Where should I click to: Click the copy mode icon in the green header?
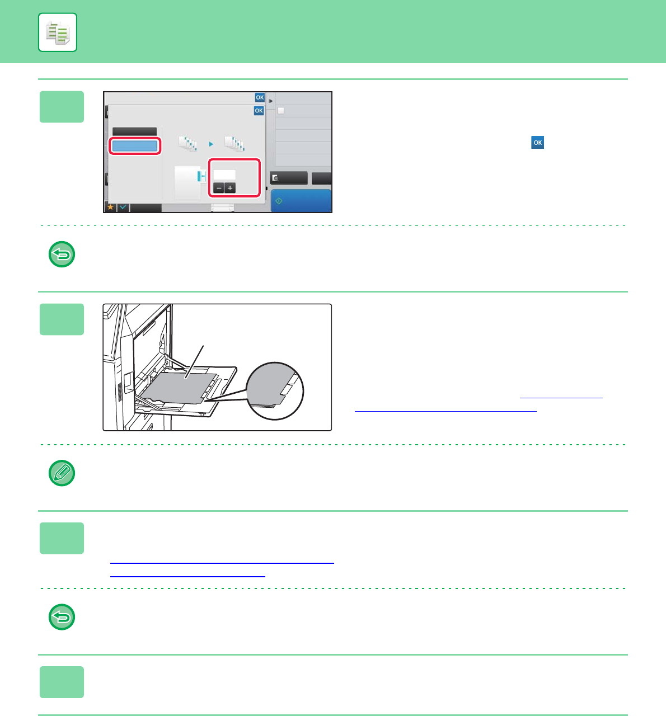57,32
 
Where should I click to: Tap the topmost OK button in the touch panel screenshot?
260,97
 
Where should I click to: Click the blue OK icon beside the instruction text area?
538,143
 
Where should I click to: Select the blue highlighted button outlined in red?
134,146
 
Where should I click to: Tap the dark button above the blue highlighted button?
134,131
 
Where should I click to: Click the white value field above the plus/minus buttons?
224,175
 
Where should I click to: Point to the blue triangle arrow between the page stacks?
211,144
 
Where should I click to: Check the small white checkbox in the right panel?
281,111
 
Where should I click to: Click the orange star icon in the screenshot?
111,208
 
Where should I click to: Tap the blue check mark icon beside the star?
123,208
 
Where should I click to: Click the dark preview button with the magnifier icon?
289,178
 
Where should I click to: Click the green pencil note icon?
62,473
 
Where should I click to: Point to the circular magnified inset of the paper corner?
275,391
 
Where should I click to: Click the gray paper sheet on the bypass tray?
179,388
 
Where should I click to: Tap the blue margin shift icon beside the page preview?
202,176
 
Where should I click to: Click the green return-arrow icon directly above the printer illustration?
62,254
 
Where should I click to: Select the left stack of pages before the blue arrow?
187,144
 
